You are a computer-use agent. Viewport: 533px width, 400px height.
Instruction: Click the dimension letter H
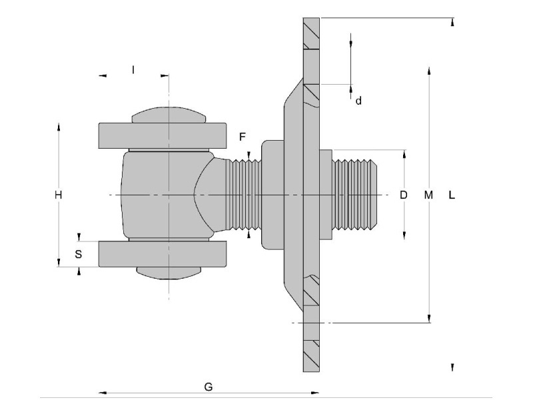pyautogui.click(x=59, y=195)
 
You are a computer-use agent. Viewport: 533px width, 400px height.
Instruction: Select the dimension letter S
pyautogui.click(x=79, y=254)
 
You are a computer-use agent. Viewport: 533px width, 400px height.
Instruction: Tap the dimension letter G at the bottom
pyautogui.click(x=208, y=387)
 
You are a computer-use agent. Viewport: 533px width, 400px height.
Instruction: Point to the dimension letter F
pyautogui.click(x=243, y=137)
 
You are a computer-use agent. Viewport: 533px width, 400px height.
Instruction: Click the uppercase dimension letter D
pyautogui.click(x=403, y=195)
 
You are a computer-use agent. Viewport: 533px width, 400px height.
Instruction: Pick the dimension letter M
pyautogui.click(x=428, y=195)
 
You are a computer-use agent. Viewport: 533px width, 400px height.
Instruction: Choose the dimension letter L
pyautogui.click(x=452, y=195)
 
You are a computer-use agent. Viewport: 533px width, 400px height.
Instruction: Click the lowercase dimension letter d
pyautogui.click(x=358, y=101)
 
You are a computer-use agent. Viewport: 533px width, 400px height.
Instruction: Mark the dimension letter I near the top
pyautogui.click(x=133, y=69)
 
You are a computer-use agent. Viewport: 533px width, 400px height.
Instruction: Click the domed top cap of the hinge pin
pyautogui.click(x=168, y=115)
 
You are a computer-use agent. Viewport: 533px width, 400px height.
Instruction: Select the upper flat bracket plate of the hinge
pyautogui.click(x=163, y=136)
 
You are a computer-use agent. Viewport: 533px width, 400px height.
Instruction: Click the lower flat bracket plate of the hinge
pyautogui.click(x=163, y=253)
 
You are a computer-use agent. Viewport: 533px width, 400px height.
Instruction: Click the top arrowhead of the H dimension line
pyautogui.click(x=59, y=125)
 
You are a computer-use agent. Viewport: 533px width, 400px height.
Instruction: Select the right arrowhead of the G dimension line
pyautogui.click(x=316, y=392)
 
